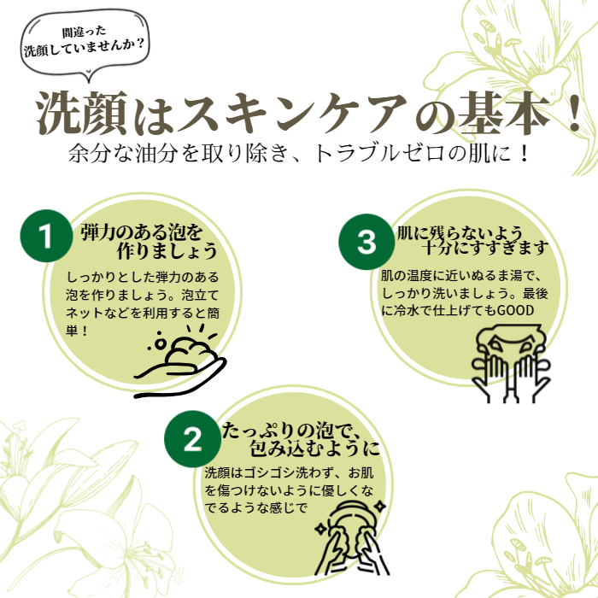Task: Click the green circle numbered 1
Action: tap(46, 236)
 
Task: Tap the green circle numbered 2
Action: tap(192, 439)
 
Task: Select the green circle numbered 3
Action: tap(366, 242)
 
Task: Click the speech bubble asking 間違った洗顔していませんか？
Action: tap(85, 44)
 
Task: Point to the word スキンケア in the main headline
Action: tap(291, 112)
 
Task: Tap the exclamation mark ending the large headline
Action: tap(573, 112)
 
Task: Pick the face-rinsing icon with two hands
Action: tap(511, 363)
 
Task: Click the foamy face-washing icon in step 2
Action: tap(351, 537)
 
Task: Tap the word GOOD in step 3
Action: tap(516, 310)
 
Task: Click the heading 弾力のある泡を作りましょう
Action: tap(149, 241)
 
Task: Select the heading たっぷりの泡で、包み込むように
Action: tap(302, 439)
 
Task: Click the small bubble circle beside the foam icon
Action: tap(161, 343)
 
